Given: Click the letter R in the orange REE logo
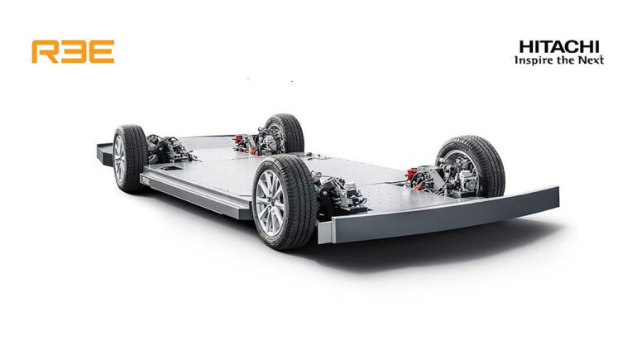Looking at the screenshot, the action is coord(45,51).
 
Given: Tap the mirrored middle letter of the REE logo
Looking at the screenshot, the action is coord(73,51).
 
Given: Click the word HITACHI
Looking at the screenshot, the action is coord(559,46).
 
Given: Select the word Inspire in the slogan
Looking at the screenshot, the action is coord(534,60).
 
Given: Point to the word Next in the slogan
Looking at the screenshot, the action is coord(590,60).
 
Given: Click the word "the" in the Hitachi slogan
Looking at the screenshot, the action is coord(564,60).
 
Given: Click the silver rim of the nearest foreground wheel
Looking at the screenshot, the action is coord(270,203).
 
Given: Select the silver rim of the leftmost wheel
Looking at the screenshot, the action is coord(119,159).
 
